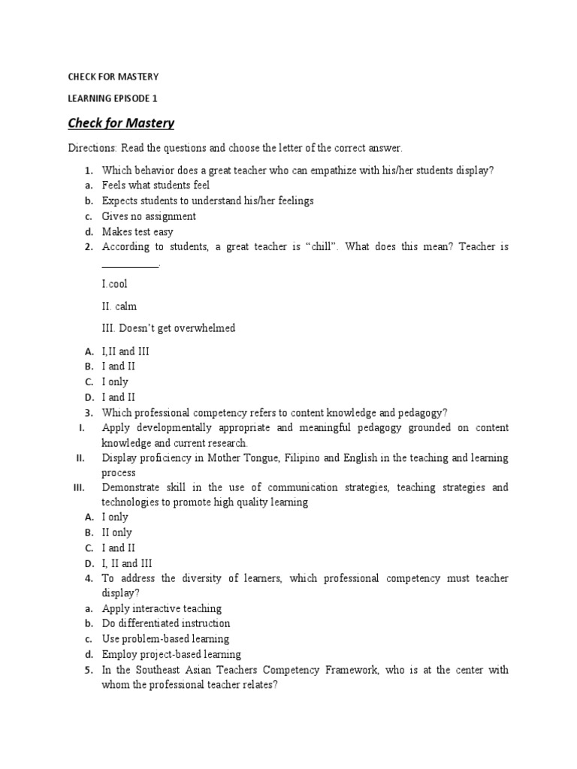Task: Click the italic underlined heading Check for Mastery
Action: coord(121,122)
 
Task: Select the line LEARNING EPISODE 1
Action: coord(113,98)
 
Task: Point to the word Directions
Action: coord(89,148)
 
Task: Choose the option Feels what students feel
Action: coord(156,185)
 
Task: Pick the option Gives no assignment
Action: coord(149,216)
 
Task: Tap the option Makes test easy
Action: coord(137,232)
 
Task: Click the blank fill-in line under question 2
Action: coord(129,265)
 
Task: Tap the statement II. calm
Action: coord(119,306)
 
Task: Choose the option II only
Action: coord(116,532)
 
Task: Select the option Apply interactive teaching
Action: coord(162,608)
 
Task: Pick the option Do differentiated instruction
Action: coord(166,623)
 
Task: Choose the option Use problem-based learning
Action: coord(165,639)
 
